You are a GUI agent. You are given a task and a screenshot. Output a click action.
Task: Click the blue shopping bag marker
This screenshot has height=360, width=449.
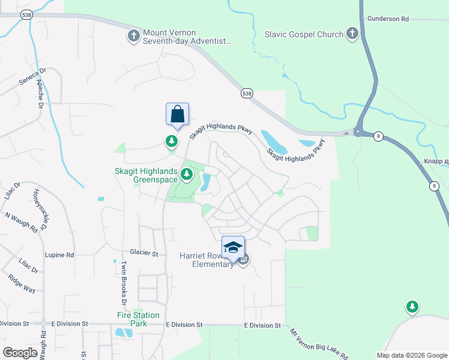(x=177, y=114)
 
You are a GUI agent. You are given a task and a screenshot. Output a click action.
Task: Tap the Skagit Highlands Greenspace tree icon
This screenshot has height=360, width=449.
(x=187, y=175)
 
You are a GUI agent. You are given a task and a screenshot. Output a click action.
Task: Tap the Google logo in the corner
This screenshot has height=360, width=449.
(x=20, y=353)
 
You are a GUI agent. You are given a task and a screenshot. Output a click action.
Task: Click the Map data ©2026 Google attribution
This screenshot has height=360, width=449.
(x=411, y=355)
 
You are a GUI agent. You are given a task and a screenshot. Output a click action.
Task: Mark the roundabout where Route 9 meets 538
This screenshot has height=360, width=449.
(x=358, y=131)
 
